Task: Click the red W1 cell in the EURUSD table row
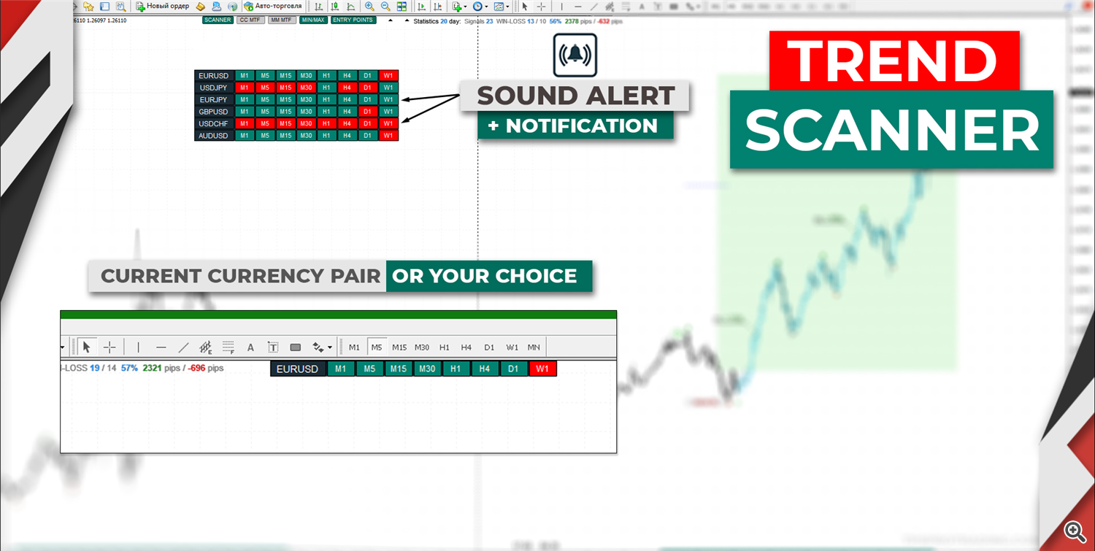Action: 388,76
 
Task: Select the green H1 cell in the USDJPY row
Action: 326,88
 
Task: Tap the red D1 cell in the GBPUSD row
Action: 367,112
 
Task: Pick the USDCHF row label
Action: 214,123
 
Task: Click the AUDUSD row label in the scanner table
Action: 214,136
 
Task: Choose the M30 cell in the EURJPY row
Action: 306,100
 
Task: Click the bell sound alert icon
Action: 575,55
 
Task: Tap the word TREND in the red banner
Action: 894,61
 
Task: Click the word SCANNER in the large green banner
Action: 891,130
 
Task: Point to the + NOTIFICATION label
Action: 575,126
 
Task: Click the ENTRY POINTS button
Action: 353,20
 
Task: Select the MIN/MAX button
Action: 312,20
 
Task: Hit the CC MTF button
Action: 250,20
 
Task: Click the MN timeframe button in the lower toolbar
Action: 534,347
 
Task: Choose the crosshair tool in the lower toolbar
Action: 109,347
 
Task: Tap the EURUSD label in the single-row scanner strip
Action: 298,369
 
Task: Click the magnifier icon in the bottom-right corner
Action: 1074,531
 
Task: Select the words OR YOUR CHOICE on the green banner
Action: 485,276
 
